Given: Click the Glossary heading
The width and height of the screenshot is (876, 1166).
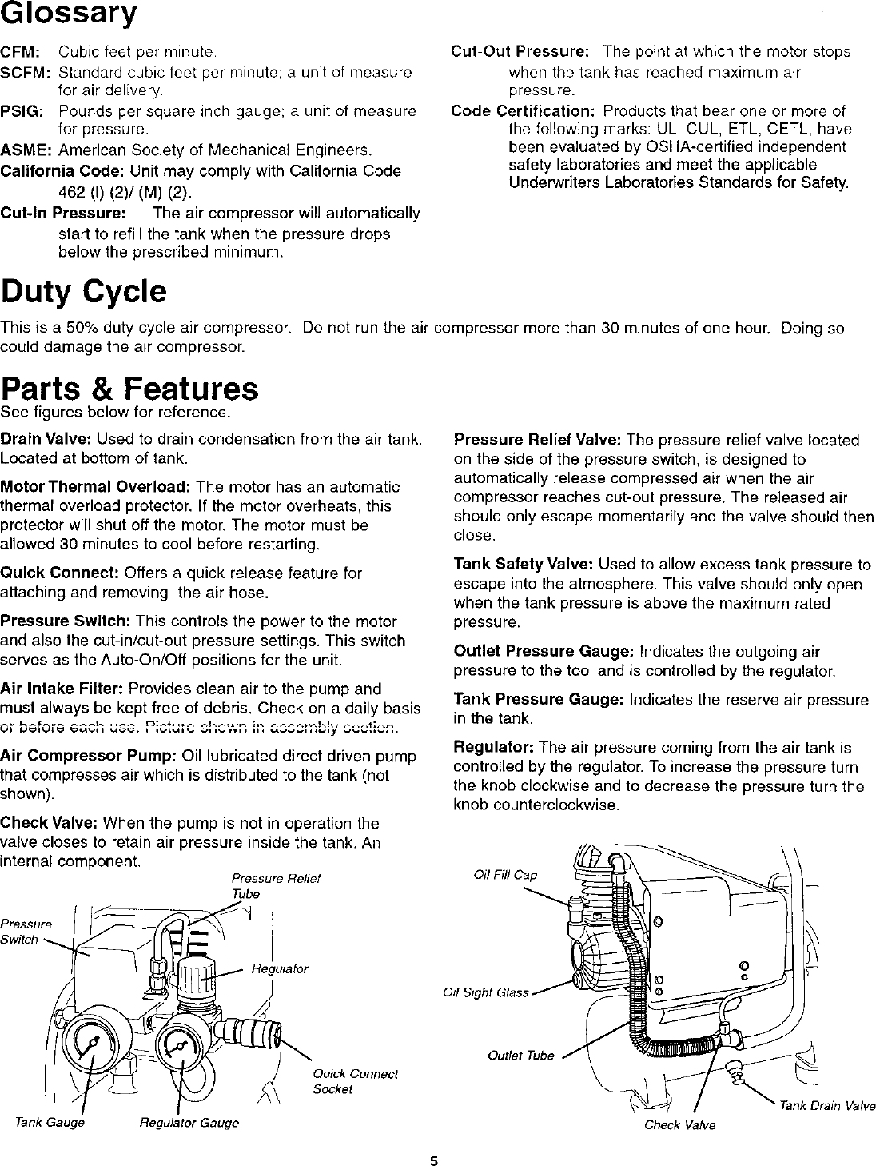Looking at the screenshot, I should point(69,15).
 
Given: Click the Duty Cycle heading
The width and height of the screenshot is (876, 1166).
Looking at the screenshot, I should point(84,292).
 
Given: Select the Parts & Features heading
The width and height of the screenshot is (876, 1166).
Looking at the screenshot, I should point(129,389).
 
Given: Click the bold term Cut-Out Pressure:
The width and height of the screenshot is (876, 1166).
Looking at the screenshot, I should point(520,52).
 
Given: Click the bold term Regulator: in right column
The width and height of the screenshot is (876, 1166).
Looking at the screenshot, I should point(494,748).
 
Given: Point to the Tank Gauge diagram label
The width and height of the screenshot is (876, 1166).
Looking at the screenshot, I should point(50,1123).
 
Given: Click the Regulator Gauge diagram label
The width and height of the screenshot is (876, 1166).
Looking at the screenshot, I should point(189,1123).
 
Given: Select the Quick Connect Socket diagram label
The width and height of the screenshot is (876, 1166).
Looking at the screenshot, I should point(344,1081).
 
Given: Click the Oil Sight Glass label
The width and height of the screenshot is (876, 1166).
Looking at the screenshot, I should point(486,993).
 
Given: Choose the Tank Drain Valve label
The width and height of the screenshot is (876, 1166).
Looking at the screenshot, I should point(827,1106).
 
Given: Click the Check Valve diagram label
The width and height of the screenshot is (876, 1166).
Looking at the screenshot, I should point(679,1125).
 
